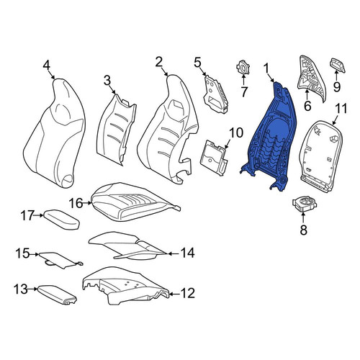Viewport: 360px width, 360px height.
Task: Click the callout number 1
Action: [x=266, y=68]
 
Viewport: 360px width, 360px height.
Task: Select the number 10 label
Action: [x=236, y=132]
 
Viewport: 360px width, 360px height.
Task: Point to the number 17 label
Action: [x=27, y=215]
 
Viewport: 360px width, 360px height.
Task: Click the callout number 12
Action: [x=188, y=293]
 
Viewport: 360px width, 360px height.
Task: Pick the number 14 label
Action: [x=187, y=253]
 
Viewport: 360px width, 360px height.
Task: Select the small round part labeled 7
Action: [x=243, y=68]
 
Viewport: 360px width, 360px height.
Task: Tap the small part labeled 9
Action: [x=338, y=66]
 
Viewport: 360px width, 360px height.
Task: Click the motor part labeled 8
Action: [x=305, y=204]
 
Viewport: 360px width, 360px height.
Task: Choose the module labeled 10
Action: [x=214, y=158]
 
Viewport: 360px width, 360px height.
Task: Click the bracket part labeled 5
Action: [x=215, y=94]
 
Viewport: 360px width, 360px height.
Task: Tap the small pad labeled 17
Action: [x=61, y=220]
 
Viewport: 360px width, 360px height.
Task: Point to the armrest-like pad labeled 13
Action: [x=57, y=294]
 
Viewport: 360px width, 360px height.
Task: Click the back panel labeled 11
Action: [x=322, y=156]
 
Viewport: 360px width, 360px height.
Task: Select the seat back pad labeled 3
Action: [x=116, y=130]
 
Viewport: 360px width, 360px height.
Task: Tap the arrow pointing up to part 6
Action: [x=307, y=94]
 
